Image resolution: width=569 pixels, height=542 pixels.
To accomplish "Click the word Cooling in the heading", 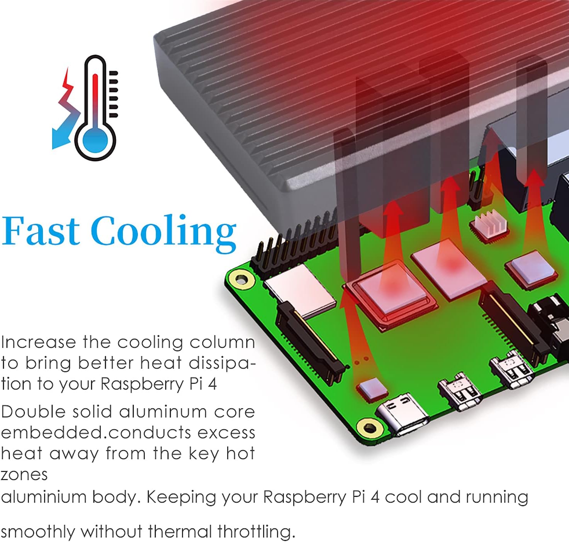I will click(x=163, y=232).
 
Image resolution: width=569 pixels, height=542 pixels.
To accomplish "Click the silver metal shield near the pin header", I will click(x=299, y=292).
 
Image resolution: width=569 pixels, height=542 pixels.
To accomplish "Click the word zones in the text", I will click(x=24, y=475).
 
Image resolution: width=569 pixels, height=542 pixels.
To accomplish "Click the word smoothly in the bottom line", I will click(x=38, y=532).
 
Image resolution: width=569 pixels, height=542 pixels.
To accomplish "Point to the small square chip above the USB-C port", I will click(x=372, y=388).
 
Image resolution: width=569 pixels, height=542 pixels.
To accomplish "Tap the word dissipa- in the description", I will click(x=222, y=363).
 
